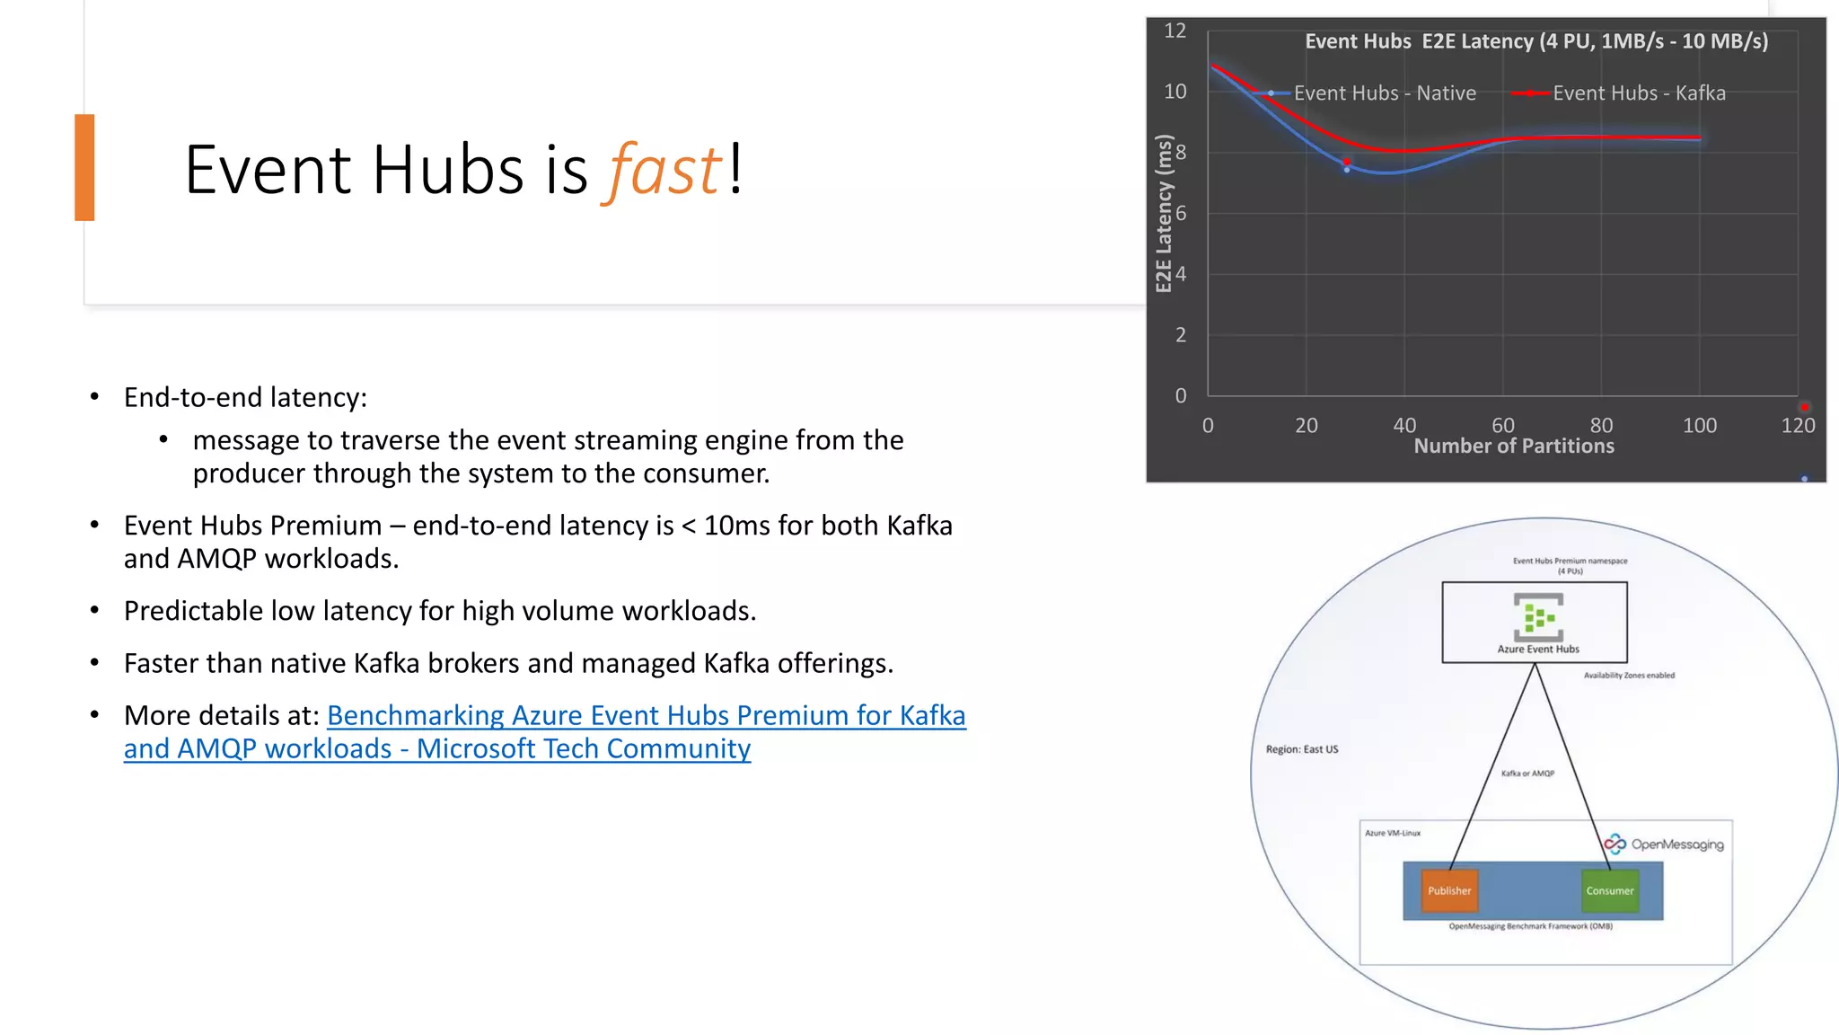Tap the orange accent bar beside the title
[x=84, y=167]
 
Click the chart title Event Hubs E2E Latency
[x=1535, y=41]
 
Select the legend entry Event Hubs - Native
[x=1384, y=93]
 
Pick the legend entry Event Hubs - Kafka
[x=1638, y=93]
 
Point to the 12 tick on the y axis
[x=1175, y=31]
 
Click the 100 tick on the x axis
[x=1699, y=426]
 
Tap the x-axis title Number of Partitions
[x=1514, y=447]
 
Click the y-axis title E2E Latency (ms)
[x=1164, y=214]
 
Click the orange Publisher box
[x=1449, y=890]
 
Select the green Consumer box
[x=1609, y=890]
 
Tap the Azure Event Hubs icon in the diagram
[x=1538, y=615]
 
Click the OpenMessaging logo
[x=1664, y=844]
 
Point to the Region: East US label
[x=1301, y=749]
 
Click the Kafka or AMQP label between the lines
[x=1527, y=774]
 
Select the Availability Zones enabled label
[x=1629, y=676]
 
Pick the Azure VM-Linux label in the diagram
[x=1393, y=833]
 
